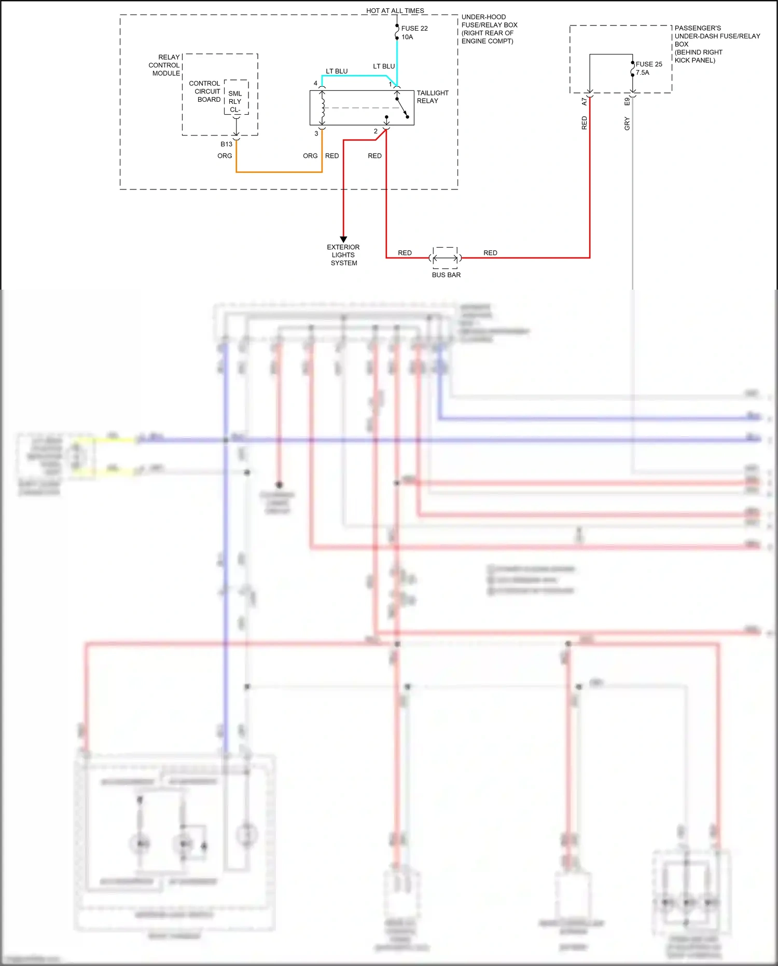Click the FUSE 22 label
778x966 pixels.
(414, 29)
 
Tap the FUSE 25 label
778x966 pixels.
(648, 64)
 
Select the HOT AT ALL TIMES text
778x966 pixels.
(395, 10)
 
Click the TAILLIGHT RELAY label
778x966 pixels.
(432, 97)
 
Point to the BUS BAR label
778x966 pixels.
(446, 275)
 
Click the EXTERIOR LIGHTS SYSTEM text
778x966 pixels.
(343, 255)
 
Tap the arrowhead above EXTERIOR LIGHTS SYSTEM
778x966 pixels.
(343, 239)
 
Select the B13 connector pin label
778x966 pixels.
(226, 144)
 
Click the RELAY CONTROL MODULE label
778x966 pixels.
(165, 65)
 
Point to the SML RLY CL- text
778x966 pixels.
(235, 102)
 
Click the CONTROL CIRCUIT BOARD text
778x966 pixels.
(205, 91)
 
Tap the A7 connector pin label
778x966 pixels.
(584, 102)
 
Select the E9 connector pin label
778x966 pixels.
(627, 102)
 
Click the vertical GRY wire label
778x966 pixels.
(627, 124)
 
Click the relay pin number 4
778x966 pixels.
(315, 84)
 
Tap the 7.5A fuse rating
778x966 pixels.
(642, 73)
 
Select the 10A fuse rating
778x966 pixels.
(407, 37)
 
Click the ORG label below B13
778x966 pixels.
(225, 156)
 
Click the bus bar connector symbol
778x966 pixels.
(445, 257)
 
